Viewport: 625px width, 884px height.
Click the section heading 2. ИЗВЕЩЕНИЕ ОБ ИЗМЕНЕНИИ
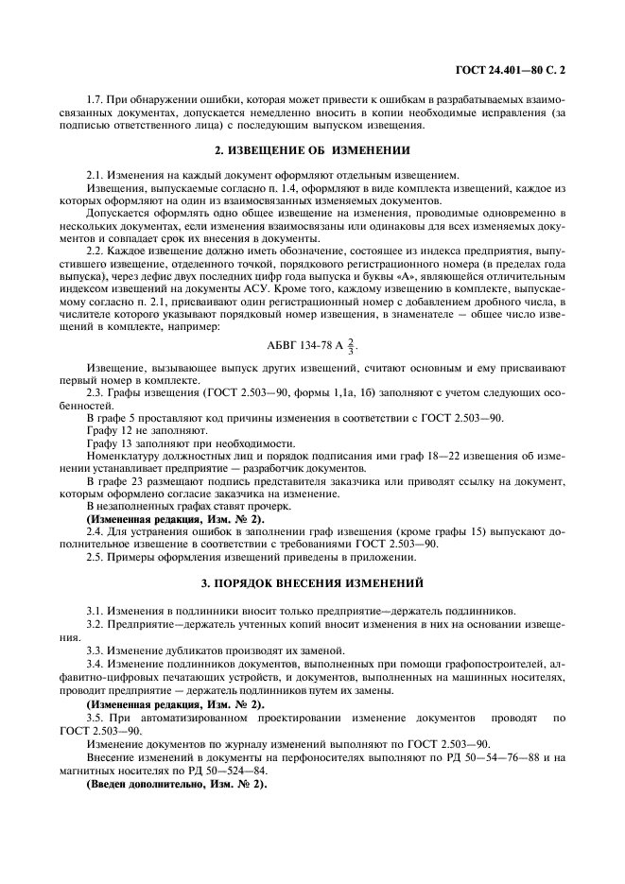pos(313,150)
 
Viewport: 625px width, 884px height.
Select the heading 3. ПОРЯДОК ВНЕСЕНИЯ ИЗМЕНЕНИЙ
pos(313,582)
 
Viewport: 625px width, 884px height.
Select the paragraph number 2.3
pos(96,390)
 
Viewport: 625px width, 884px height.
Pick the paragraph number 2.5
pos(96,557)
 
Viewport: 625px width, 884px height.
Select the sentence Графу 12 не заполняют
pos(142,428)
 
